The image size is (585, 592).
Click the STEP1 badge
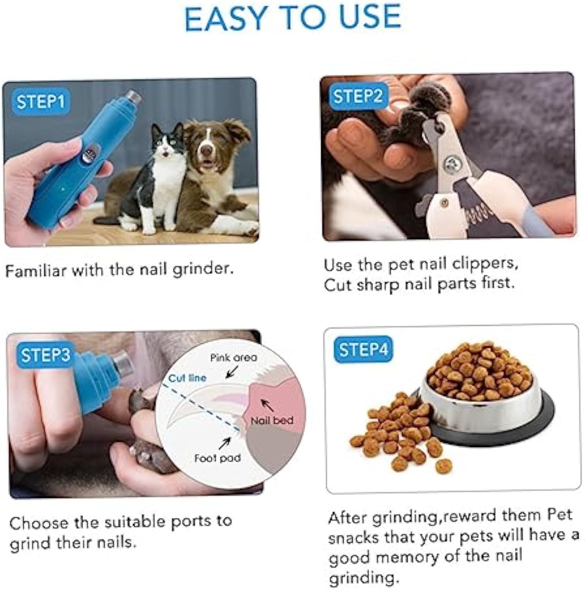(x=40, y=102)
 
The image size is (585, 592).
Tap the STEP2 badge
(x=358, y=96)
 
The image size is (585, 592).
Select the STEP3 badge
(x=45, y=354)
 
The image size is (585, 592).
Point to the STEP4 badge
(x=363, y=349)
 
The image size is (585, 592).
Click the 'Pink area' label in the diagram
(x=233, y=358)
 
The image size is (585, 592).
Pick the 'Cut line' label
(x=187, y=378)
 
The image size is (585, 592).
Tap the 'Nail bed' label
(x=272, y=420)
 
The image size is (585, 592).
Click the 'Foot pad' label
(x=217, y=458)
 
